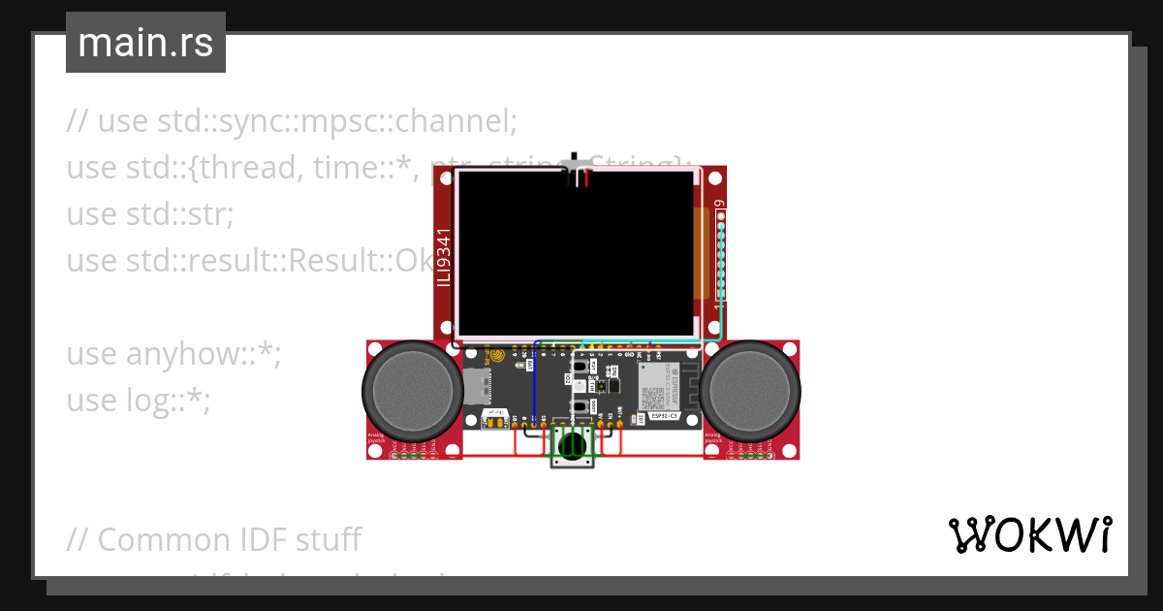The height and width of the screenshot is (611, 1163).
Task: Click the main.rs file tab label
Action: coord(145,43)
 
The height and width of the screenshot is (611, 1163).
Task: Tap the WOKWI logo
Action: coord(1029,534)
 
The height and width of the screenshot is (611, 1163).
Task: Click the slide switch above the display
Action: coord(580,170)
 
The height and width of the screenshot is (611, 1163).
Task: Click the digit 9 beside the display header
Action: coord(719,205)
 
